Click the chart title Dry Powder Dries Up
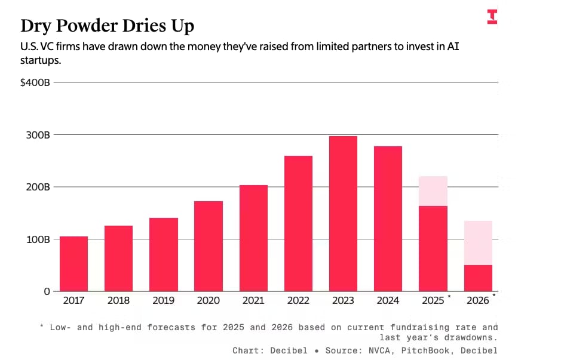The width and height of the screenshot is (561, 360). (107, 26)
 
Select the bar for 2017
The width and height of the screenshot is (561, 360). (73, 264)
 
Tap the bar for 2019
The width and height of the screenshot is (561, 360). (164, 254)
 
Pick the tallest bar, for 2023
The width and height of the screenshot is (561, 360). (343, 214)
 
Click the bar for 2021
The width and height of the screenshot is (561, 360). (253, 238)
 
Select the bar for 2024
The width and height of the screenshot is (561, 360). (388, 219)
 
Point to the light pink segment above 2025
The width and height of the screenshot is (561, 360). (433, 191)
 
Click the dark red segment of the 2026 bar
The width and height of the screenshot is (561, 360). (478, 278)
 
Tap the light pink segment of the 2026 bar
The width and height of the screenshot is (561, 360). (478, 243)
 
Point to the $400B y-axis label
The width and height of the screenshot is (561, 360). (35, 82)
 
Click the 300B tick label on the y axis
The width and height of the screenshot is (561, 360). (37, 135)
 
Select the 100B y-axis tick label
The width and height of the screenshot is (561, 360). (37, 239)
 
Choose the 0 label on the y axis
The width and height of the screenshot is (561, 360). (46, 291)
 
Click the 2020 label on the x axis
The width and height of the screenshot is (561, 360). (209, 301)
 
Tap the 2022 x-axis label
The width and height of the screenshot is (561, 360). (298, 301)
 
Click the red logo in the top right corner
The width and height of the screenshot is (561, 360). (492, 17)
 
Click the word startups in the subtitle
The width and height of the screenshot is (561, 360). (41, 61)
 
